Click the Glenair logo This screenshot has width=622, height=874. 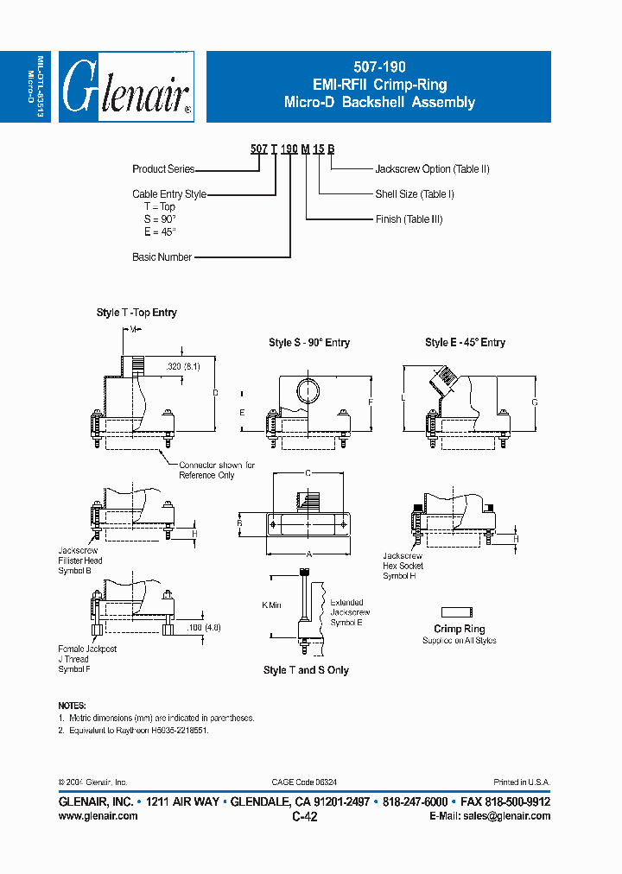pyautogui.click(x=126, y=86)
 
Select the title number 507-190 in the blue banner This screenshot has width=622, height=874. pyautogui.click(x=379, y=66)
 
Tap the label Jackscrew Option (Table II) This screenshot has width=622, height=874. pyautogui.click(x=432, y=169)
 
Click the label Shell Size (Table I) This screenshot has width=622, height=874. pyautogui.click(x=415, y=194)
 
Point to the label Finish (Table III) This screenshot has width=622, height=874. pyautogui.click(x=409, y=219)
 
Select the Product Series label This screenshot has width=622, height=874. pyautogui.click(x=163, y=169)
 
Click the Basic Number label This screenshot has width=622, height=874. pyautogui.click(x=162, y=257)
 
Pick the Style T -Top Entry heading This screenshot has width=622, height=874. pyautogui.click(x=136, y=313)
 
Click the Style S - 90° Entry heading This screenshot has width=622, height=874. pyautogui.click(x=309, y=343)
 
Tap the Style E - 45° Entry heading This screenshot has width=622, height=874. pyautogui.click(x=465, y=343)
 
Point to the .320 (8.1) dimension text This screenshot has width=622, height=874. pyautogui.click(x=183, y=366)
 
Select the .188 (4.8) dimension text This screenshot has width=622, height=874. pyautogui.click(x=204, y=628)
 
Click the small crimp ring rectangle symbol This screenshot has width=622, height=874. pyautogui.click(x=459, y=611)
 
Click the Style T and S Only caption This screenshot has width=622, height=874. pyautogui.click(x=306, y=670)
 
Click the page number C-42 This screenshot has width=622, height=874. pyautogui.click(x=305, y=817)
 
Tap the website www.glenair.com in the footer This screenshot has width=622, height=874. pyautogui.click(x=98, y=816)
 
